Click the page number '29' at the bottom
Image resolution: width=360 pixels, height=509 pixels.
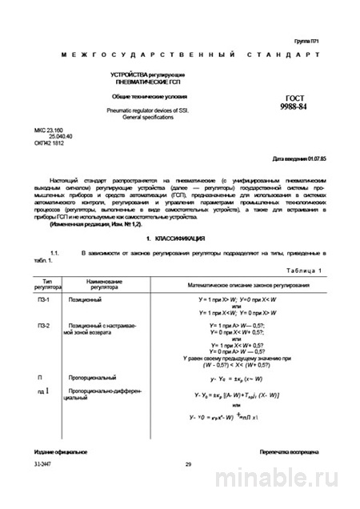point(188,487)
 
